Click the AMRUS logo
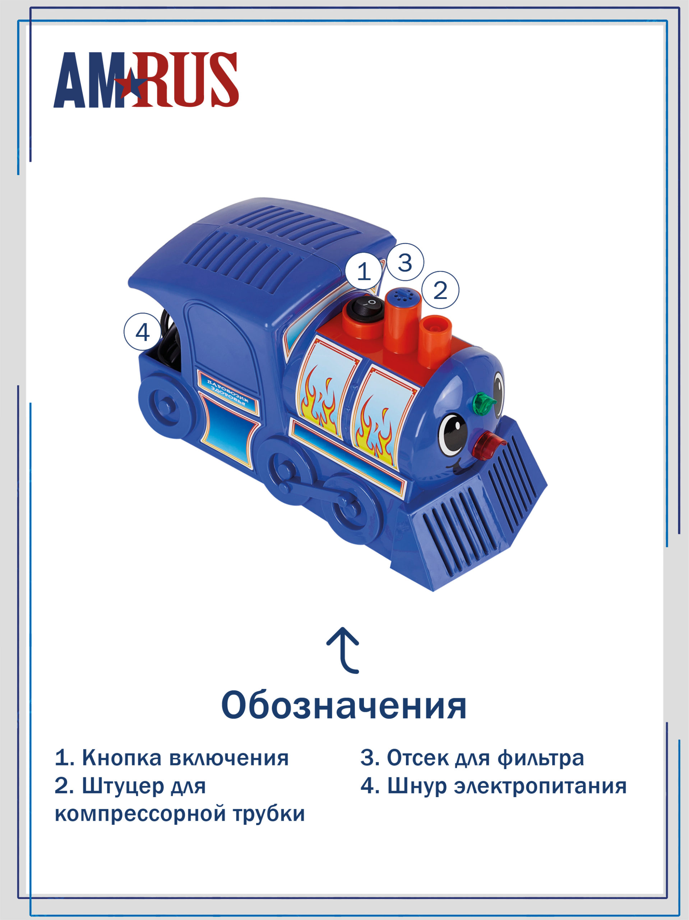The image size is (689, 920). pos(146,80)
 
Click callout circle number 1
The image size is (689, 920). pos(364,272)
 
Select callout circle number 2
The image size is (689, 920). pos(440,290)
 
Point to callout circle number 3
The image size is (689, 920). pos(405,262)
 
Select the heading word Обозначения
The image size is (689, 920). pos(344,706)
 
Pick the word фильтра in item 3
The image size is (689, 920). pos(541,759)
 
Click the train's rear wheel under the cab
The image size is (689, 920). pos(163,404)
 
